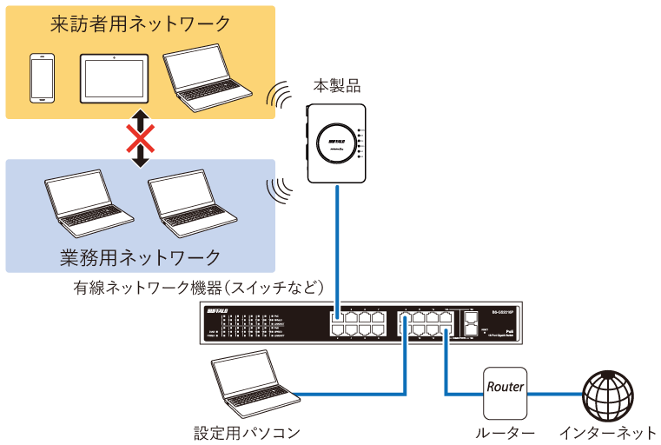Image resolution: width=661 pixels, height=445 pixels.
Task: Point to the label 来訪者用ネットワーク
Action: click(x=140, y=23)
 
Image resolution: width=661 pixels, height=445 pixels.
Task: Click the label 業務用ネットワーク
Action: click(x=140, y=257)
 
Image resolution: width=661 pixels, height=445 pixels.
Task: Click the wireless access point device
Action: click(x=337, y=140)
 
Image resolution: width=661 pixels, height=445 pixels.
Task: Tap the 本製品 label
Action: click(x=337, y=86)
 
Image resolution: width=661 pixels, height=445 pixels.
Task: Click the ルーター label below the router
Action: click(x=505, y=432)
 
